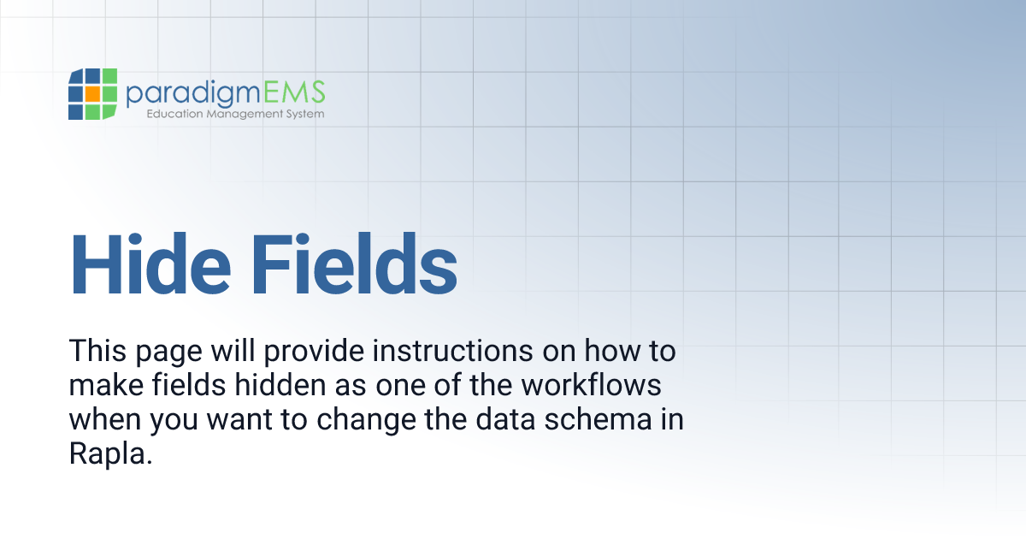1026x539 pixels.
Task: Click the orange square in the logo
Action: pos(92,93)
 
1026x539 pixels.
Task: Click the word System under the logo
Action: pos(304,114)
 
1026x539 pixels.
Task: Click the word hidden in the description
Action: pos(275,386)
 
